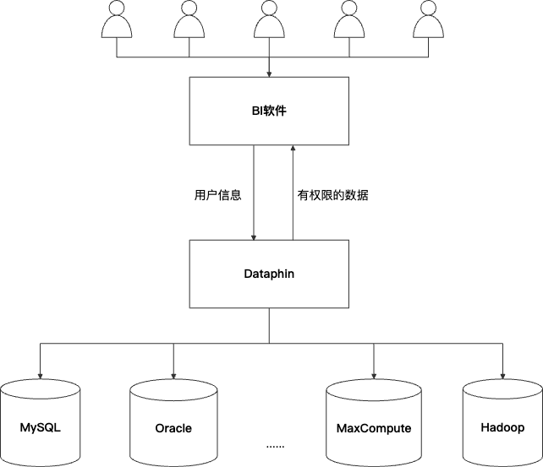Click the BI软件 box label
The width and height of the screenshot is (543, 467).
pos(269,111)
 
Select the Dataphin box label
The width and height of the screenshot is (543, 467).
pos(269,274)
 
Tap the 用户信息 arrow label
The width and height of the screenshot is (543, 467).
pos(218,195)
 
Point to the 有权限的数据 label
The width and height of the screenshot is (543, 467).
pos(332,195)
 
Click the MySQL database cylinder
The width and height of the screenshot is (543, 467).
pos(40,423)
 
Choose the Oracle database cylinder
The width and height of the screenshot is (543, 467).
pos(173,423)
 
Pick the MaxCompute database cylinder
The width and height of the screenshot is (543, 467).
pos(374,423)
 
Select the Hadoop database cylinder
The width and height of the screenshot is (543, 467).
pos(503,423)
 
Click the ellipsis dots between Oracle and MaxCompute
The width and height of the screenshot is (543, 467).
pos(276,446)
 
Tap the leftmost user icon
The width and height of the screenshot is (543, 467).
pos(117,19)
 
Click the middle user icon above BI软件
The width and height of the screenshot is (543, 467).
pos(269,19)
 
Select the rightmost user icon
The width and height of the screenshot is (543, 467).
pos(428,19)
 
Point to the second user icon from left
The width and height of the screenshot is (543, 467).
pos(189,19)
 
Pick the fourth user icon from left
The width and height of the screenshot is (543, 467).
pos(349,19)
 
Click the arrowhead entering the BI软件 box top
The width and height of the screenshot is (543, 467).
pos(269,74)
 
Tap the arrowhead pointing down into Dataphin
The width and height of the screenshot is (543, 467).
pos(254,237)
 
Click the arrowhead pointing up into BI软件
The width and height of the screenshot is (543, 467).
pos(293,148)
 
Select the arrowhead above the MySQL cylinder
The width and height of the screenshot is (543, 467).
pos(40,376)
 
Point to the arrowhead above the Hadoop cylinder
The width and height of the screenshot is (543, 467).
pos(503,376)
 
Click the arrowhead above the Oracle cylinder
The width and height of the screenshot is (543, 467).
pos(173,376)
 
